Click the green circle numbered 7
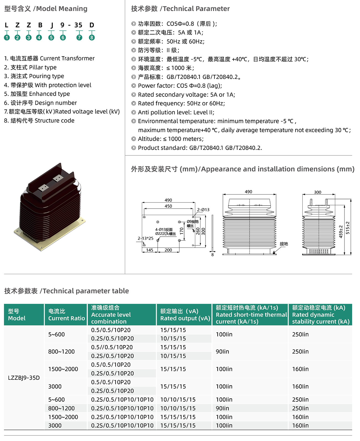[79, 37]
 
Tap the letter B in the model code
[40, 25]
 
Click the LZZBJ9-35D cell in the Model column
[24, 378]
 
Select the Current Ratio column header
[66, 315]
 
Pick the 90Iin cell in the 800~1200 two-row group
[222, 352]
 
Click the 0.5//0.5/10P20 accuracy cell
[112, 347]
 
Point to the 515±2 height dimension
[348, 228]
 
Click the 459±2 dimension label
[341, 231]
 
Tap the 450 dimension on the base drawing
[168, 206]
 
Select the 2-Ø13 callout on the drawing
[203, 210]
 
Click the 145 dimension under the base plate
[150, 250]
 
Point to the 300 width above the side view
[318, 192]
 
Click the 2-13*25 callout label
[145, 238]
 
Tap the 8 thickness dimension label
[212, 255]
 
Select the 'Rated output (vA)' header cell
[185, 315]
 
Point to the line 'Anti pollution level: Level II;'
[176, 112]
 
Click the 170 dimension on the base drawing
[181, 231]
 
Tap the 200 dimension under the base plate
[168, 250]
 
